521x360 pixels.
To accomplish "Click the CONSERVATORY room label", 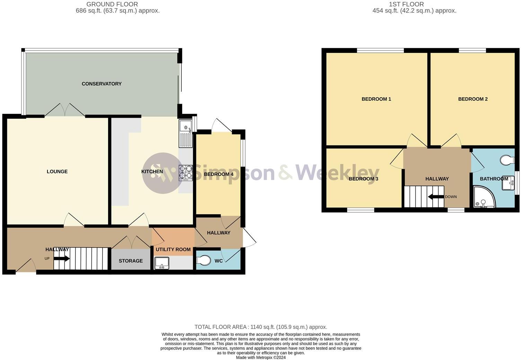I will [101, 84].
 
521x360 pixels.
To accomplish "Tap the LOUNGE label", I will [57, 172].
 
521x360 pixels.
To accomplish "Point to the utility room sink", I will [161, 263].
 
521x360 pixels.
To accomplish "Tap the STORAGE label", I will [131, 261].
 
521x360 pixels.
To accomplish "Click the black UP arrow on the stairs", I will [62, 259].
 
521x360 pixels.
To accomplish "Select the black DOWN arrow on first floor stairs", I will [435, 197].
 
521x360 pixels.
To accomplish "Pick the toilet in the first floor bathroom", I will [507, 160].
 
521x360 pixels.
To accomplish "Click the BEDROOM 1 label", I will [376, 99].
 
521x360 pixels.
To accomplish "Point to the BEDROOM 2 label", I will [473, 99].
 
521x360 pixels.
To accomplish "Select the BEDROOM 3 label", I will [363, 179].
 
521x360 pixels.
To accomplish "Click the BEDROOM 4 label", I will [218, 174].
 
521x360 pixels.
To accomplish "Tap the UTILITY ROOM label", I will [173, 250].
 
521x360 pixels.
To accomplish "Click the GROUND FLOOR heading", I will [112, 4].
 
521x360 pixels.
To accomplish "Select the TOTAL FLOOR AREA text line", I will [260, 327].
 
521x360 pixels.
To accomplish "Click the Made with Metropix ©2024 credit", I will [260, 358].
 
